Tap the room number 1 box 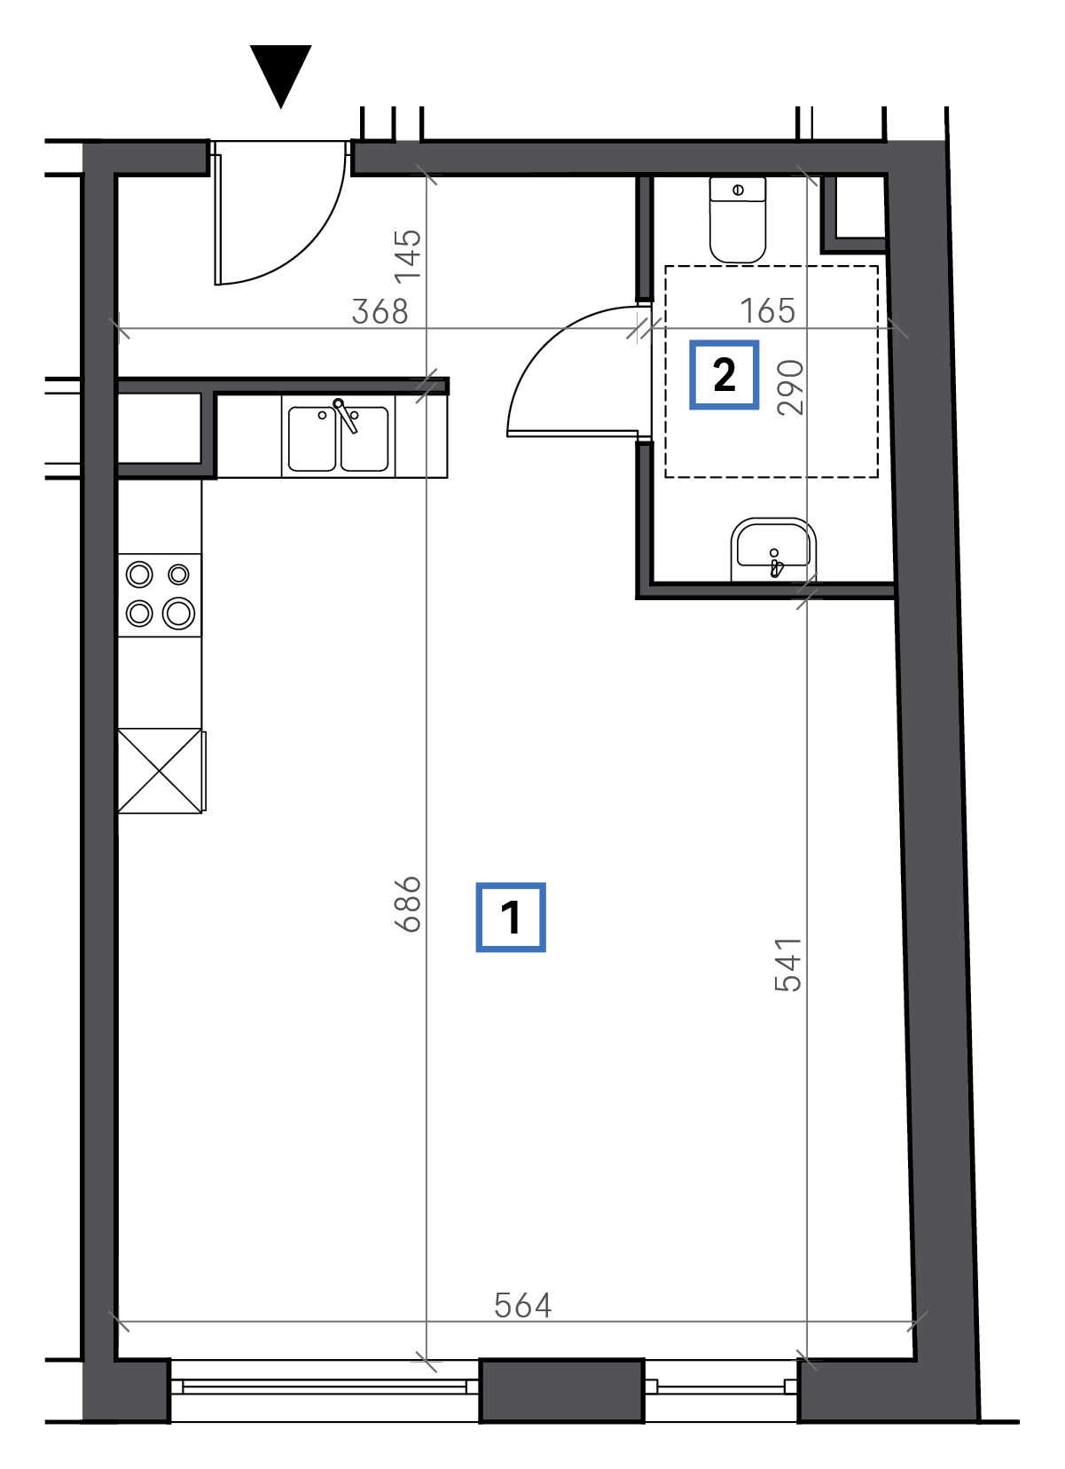[511, 918]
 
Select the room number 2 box [724, 374]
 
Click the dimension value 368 [380, 311]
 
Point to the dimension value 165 [767, 310]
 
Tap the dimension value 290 [789, 387]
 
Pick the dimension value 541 [788, 965]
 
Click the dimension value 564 [522, 1306]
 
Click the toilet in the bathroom [738, 220]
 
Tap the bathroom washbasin [773, 550]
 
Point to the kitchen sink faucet [346, 416]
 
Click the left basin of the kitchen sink [312, 439]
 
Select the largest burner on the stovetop [178, 613]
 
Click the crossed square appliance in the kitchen [160, 771]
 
